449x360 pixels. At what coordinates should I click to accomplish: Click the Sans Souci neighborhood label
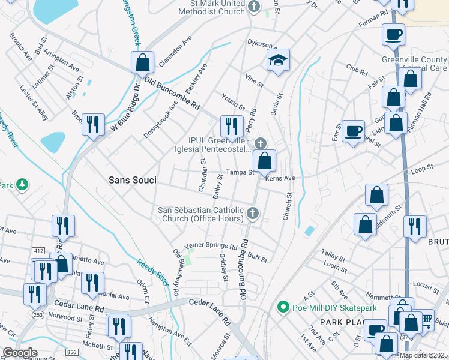[133, 179]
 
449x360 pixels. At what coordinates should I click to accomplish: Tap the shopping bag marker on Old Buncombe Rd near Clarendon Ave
[142, 62]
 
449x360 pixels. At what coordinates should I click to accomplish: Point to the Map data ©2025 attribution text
[423, 355]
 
